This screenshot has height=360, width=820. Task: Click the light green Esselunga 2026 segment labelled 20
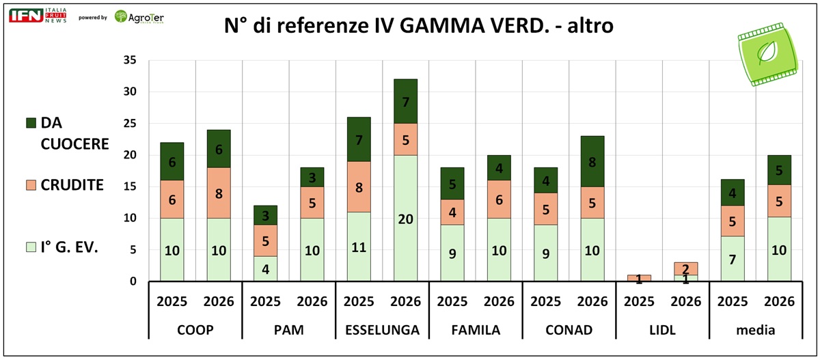pos(405,218)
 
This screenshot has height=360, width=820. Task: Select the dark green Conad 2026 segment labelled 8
pos(592,161)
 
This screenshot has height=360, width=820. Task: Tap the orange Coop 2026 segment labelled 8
pos(218,193)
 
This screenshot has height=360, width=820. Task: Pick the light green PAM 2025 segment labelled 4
pos(264,268)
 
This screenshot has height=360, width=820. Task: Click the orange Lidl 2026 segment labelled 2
pos(685,268)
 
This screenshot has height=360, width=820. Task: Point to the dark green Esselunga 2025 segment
pos(359,139)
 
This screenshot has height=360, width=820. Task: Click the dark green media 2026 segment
pos(779,170)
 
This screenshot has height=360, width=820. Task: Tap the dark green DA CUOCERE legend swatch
pos(31,122)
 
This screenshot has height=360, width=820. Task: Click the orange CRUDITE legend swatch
pos(31,184)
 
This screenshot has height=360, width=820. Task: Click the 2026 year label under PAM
pos(311,301)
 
